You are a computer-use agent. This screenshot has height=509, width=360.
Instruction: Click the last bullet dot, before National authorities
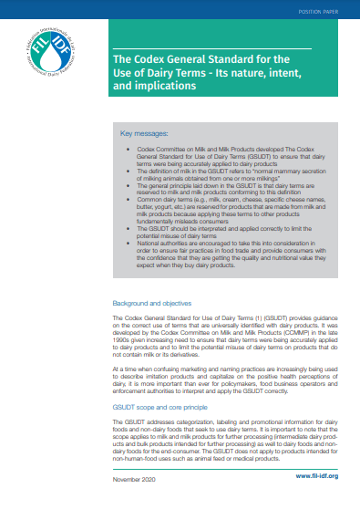tap(127, 218)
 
